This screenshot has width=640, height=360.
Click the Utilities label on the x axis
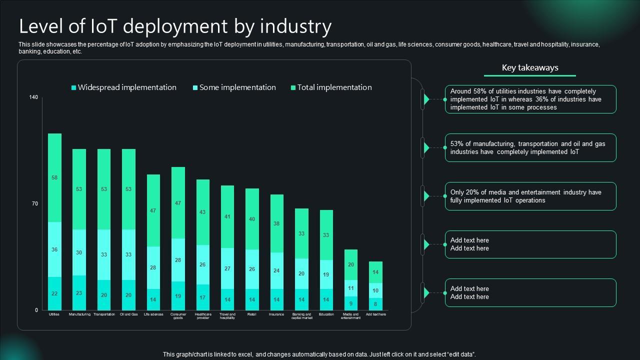(x=54, y=314)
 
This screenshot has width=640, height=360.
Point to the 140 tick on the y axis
(x=33, y=97)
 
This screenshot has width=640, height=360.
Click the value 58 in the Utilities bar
(x=54, y=178)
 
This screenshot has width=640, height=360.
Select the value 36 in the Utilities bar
(x=54, y=249)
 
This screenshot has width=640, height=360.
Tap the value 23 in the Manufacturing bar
(x=79, y=293)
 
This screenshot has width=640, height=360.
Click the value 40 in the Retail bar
(x=252, y=219)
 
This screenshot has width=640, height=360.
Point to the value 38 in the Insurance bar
(x=276, y=223)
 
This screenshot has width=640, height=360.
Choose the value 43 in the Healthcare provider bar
(x=202, y=212)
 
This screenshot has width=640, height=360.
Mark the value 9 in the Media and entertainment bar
(x=350, y=303)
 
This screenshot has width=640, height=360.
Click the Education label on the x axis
(x=326, y=314)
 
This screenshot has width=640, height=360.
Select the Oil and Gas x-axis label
(x=128, y=314)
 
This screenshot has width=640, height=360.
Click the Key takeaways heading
(x=530, y=68)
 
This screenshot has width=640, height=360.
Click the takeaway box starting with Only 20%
(x=530, y=196)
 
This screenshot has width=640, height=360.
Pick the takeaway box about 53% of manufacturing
(x=530, y=148)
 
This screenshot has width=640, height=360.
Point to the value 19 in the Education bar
(x=326, y=274)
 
